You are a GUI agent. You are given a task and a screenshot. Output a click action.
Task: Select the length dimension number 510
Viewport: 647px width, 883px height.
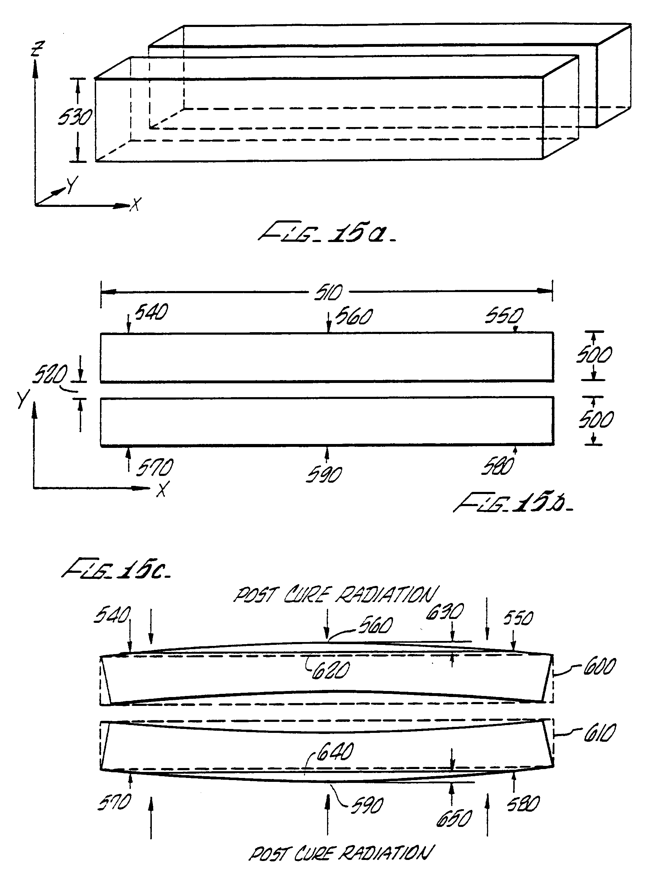(x=328, y=292)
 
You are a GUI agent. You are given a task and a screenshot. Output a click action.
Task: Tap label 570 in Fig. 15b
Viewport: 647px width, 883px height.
(x=154, y=468)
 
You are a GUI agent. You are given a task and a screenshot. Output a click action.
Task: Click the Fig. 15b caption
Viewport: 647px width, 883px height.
(x=513, y=503)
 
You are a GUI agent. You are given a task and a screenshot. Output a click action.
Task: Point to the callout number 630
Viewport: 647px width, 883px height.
(x=444, y=611)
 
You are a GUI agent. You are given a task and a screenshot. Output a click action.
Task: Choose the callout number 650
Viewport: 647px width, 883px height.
(x=454, y=819)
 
